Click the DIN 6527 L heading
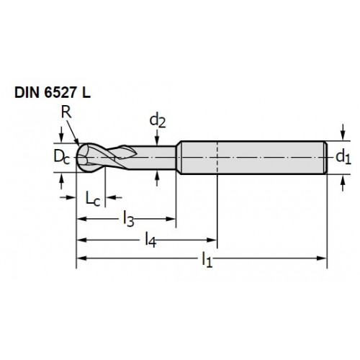(53, 93)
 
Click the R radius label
(66, 112)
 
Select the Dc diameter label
(62, 157)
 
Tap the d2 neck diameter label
(158, 121)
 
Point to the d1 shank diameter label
(343, 157)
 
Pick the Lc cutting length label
(93, 199)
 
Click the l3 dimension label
(128, 219)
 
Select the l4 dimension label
(150, 240)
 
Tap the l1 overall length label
(207, 259)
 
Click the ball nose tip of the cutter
(77, 158)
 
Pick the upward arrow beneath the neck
(157, 178)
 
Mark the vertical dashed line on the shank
(217, 157)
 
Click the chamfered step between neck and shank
(179, 157)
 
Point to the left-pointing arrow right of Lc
(114, 197)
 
